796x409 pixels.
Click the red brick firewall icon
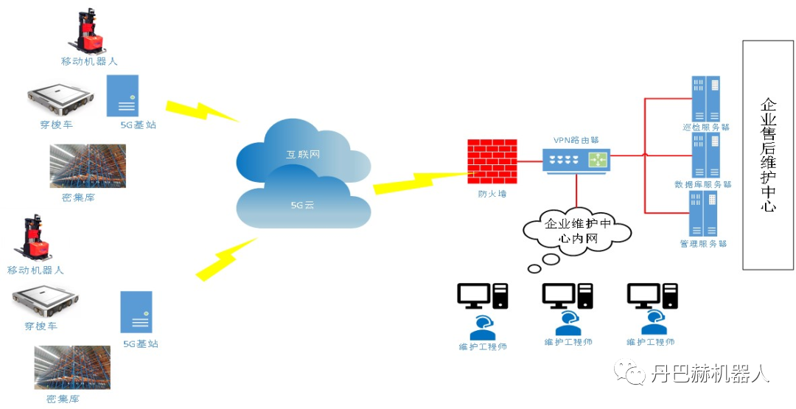[x=492, y=161]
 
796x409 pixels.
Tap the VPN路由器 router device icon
[x=576, y=158]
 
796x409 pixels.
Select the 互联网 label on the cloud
[x=303, y=155]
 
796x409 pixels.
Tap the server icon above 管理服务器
[x=704, y=214]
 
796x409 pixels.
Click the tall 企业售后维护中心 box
[x=767, y=155]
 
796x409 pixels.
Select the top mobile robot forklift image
[x=89, y=32]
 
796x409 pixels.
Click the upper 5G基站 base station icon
[x=122, y=95]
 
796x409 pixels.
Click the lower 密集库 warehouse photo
[x=72, y=367]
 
